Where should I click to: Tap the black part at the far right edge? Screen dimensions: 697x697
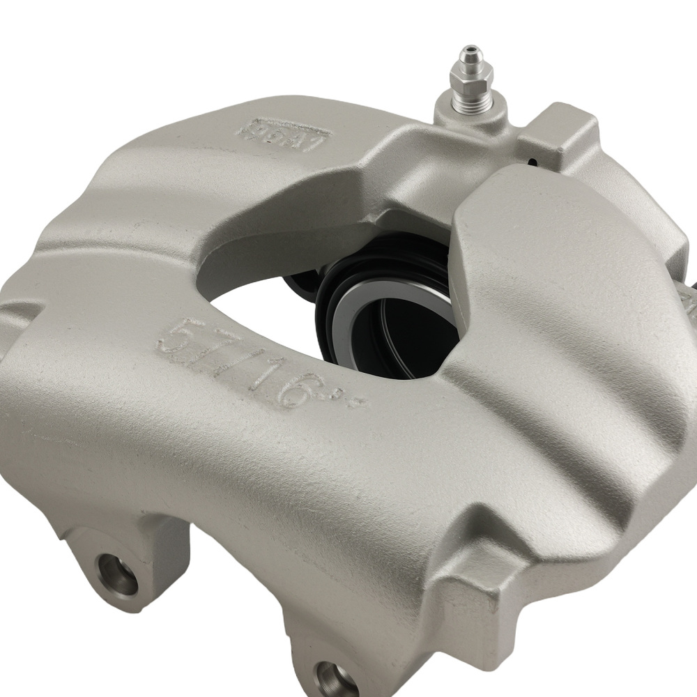coord(691,293)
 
